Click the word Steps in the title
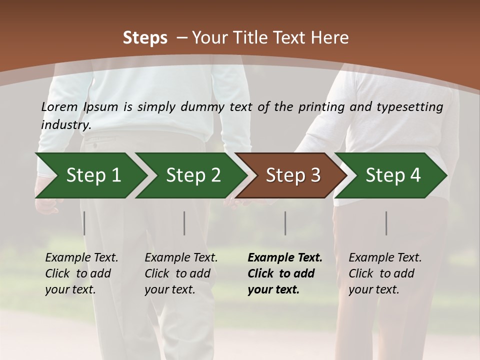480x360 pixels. point(145,38)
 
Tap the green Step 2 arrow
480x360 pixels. point(192,175)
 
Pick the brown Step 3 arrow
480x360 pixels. point(292,175)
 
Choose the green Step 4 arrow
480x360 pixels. point(392,175)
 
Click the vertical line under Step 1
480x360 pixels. point(84,223)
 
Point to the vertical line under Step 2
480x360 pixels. point(184,223)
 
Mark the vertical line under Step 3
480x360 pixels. point(285,223)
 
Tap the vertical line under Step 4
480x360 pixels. point(386,223)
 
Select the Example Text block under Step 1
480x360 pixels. point(81,273)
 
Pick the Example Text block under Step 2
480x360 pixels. point(181,273)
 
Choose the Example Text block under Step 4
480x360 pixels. point(385,273)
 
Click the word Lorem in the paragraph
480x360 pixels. point(59,107)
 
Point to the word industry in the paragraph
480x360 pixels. point(66,124)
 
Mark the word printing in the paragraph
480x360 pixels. point(317,107)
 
